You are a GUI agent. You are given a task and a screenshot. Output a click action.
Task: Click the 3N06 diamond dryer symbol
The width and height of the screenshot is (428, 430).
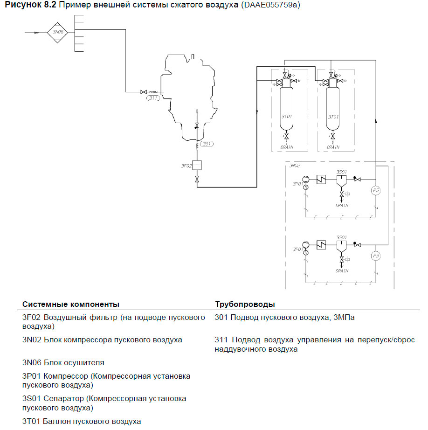pos(57,32)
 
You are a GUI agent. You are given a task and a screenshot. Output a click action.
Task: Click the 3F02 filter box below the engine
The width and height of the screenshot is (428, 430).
pos(197,166)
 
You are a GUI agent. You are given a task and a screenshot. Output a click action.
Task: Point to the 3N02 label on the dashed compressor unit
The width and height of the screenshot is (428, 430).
pos(295,165)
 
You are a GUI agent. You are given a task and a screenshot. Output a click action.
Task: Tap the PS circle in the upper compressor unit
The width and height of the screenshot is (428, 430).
pos(375,190)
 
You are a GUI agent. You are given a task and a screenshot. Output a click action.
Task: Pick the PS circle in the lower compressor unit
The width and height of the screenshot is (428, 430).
pos(375,256)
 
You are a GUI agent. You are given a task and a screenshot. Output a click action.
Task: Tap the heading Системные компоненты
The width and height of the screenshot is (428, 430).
pos(71,304)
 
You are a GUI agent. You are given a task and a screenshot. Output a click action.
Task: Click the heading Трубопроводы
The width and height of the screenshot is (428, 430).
pos(245,304)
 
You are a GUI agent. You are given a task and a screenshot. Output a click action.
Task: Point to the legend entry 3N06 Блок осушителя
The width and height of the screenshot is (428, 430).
pos(63,362)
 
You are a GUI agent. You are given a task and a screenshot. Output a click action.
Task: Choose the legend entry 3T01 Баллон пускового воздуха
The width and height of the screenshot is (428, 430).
pos(82,422)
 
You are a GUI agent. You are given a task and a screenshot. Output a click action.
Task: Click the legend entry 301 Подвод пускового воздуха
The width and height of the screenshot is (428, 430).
pos(284,318)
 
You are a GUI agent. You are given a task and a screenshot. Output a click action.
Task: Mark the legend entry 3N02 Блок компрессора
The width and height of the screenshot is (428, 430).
pos(102,340)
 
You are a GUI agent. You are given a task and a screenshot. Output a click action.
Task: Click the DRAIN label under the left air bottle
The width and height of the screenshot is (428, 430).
pos(287,147)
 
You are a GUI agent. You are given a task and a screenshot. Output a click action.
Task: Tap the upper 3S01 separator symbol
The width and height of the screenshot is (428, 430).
pos(342,180)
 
